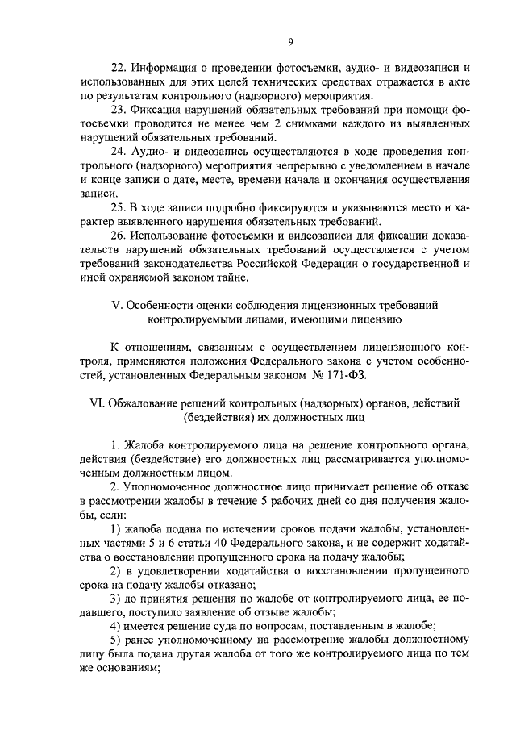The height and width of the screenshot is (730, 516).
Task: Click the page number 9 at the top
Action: point(290,43)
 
